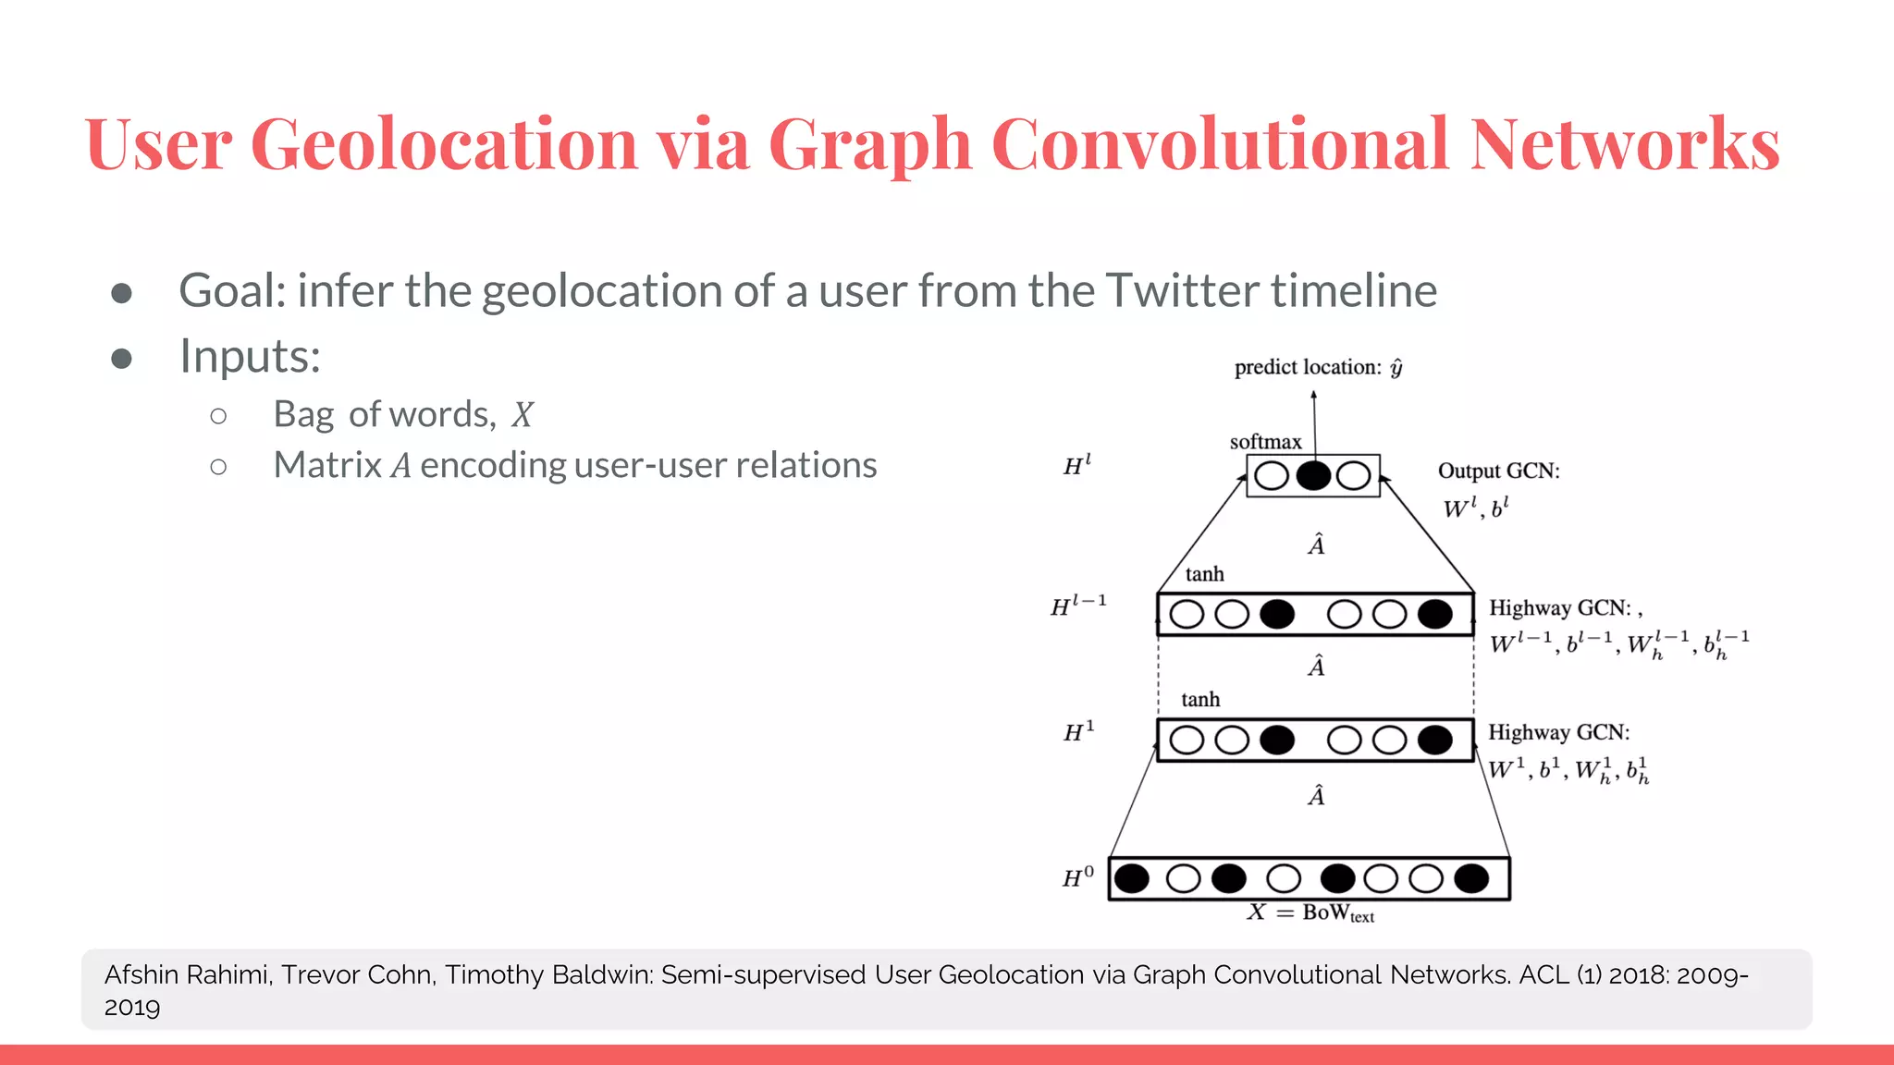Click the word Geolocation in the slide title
pyautogui.click(x=444, y=144)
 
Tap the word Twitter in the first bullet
pyautogui.click(x=1179, y=290)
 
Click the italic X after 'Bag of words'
pyautogui.click(x=523, y=415)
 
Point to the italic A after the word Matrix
pyautogui.click(x=400, y=466)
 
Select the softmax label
pyautogui.click(x=1265, y=442)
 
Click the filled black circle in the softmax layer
pyautogui.click(x=1313, y=476)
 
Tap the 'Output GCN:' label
pyautogui.click(x=1498, y=471)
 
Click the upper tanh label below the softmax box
pyautogui.click(x=1204, y=574)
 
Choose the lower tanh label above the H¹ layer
pyautogui.click(x=1200, y=700)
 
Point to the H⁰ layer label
pyautogui.click(x=1078, y=877)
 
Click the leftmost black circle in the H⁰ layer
pyautogui.click(x=1132, y=878)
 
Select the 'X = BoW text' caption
pyautogui.click(x=1310, y=913)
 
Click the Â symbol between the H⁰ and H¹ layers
pyautogui.click(x=1316, y=795)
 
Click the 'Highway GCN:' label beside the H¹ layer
pyautogui.click(x=1558, y=732)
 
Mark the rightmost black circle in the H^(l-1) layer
pyautogui.click(x=1434, y=614)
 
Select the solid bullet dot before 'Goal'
pyautogui.click(x=121, y=293)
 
